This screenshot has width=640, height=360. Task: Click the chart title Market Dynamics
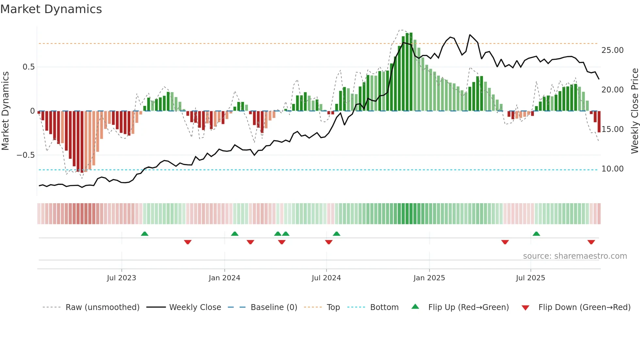click(51, 9)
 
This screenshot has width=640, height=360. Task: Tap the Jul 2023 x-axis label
click(121, 278)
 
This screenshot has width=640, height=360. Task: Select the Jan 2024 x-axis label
click(224, 278)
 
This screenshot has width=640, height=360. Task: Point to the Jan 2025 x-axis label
click(429, 278)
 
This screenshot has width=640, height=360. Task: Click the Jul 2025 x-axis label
click(530, 278)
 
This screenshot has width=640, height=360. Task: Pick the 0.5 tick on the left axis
click(28, 67)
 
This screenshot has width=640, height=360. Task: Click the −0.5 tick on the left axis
click(26, 155)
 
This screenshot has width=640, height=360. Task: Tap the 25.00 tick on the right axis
click(612, 50)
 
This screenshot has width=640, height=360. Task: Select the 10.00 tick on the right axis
click(612, 169)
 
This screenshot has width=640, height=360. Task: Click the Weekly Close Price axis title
click(634, 111)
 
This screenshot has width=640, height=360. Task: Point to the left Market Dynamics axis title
click(6, 111)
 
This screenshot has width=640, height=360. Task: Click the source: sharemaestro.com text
click(575, 256)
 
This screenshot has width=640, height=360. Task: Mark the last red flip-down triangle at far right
click(591, 242)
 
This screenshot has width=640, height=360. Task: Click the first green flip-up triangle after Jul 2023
click(145, 234)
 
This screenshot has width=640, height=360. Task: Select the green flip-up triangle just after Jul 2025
click(536, 234)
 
